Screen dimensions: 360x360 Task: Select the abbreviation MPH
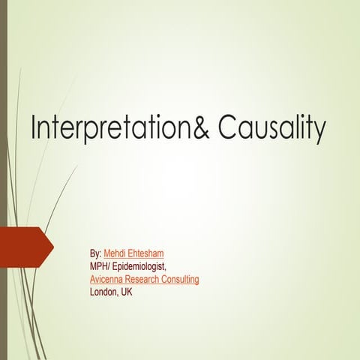tap(99, 267)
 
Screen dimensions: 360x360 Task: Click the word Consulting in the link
tap(183, 280)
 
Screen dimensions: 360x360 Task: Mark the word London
tap(103, 292)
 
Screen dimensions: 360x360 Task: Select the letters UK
tap(127, 292)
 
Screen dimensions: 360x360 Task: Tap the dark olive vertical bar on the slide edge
tap(3, 180)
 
